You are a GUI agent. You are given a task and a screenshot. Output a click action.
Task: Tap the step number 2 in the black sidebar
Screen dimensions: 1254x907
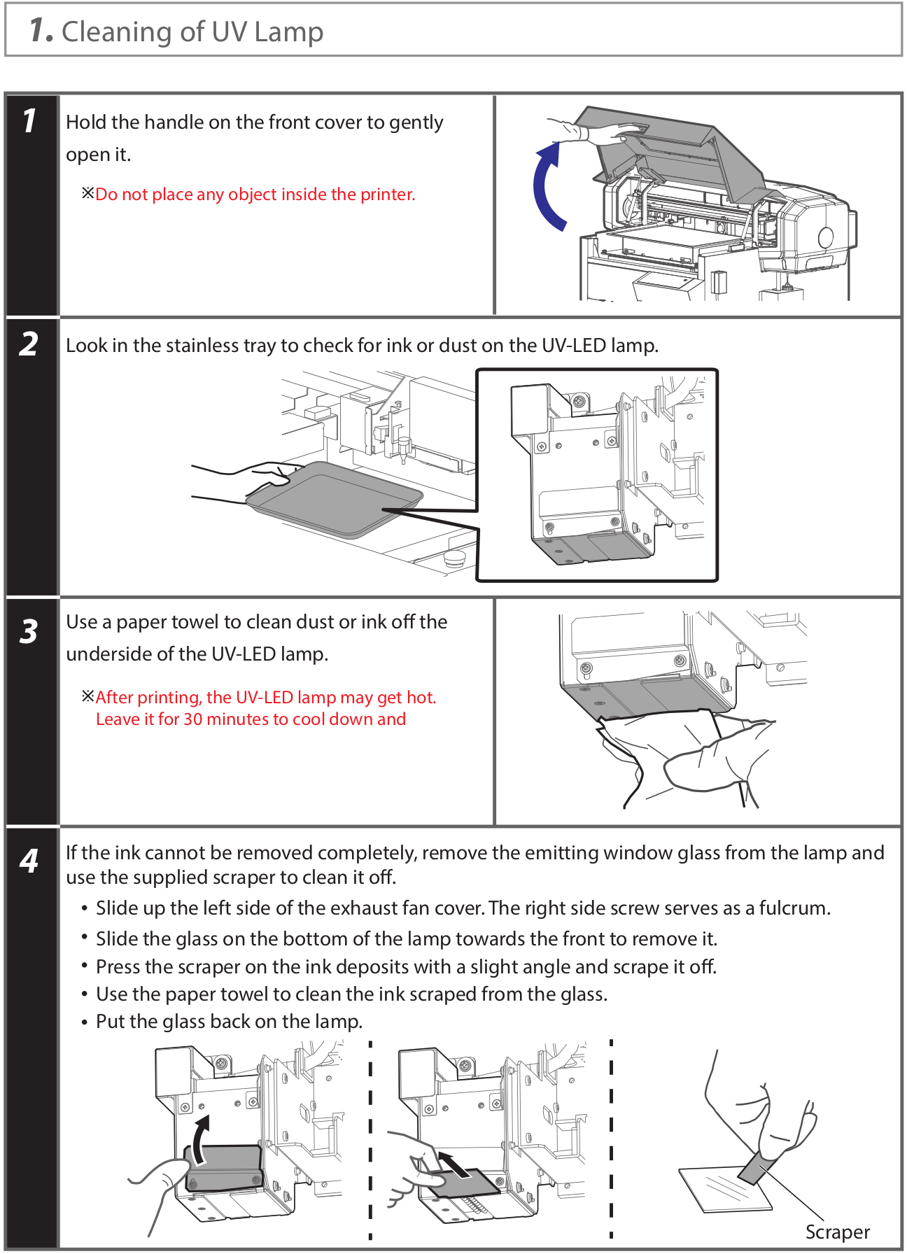[x=29, y=344]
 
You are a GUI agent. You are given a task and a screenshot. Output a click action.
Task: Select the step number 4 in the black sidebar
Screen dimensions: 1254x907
[x=29, y=860]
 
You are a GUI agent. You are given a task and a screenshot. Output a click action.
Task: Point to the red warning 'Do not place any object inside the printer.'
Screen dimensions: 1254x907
[x=255, y=195]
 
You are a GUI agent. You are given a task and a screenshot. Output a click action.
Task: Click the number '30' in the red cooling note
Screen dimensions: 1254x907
[x=192, y=719]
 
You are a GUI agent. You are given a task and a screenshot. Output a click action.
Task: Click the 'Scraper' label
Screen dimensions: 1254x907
[x=837, y=1232]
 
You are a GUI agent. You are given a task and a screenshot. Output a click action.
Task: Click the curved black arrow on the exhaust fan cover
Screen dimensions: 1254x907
[x=201, y=1140]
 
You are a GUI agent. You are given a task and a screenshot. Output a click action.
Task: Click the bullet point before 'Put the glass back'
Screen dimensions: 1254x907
[x=84, y=1022]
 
